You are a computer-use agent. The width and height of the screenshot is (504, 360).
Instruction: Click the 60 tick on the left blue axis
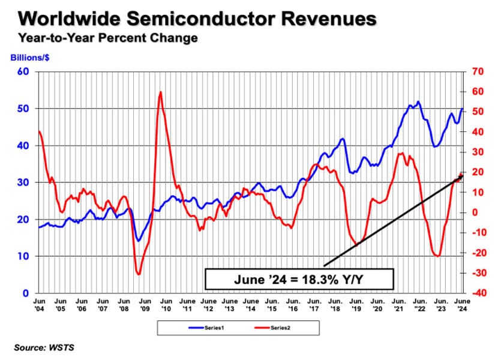[x=25, y=72]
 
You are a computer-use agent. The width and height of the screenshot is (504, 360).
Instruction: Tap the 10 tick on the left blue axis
[x=25, y=257]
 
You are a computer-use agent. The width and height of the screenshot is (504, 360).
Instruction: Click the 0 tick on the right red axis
[x=473, y=212]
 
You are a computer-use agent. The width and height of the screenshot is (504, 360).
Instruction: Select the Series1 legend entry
[x=208, y=328]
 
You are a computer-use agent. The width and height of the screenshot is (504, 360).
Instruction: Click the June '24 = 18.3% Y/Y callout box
[x=299, y=279]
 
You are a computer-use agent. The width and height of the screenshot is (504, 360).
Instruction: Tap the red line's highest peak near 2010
[x=160, y=92]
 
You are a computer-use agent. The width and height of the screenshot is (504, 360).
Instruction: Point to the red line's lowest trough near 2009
[x=139, y=274]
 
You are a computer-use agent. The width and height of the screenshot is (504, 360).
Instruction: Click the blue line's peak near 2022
[x=418, y=101]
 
